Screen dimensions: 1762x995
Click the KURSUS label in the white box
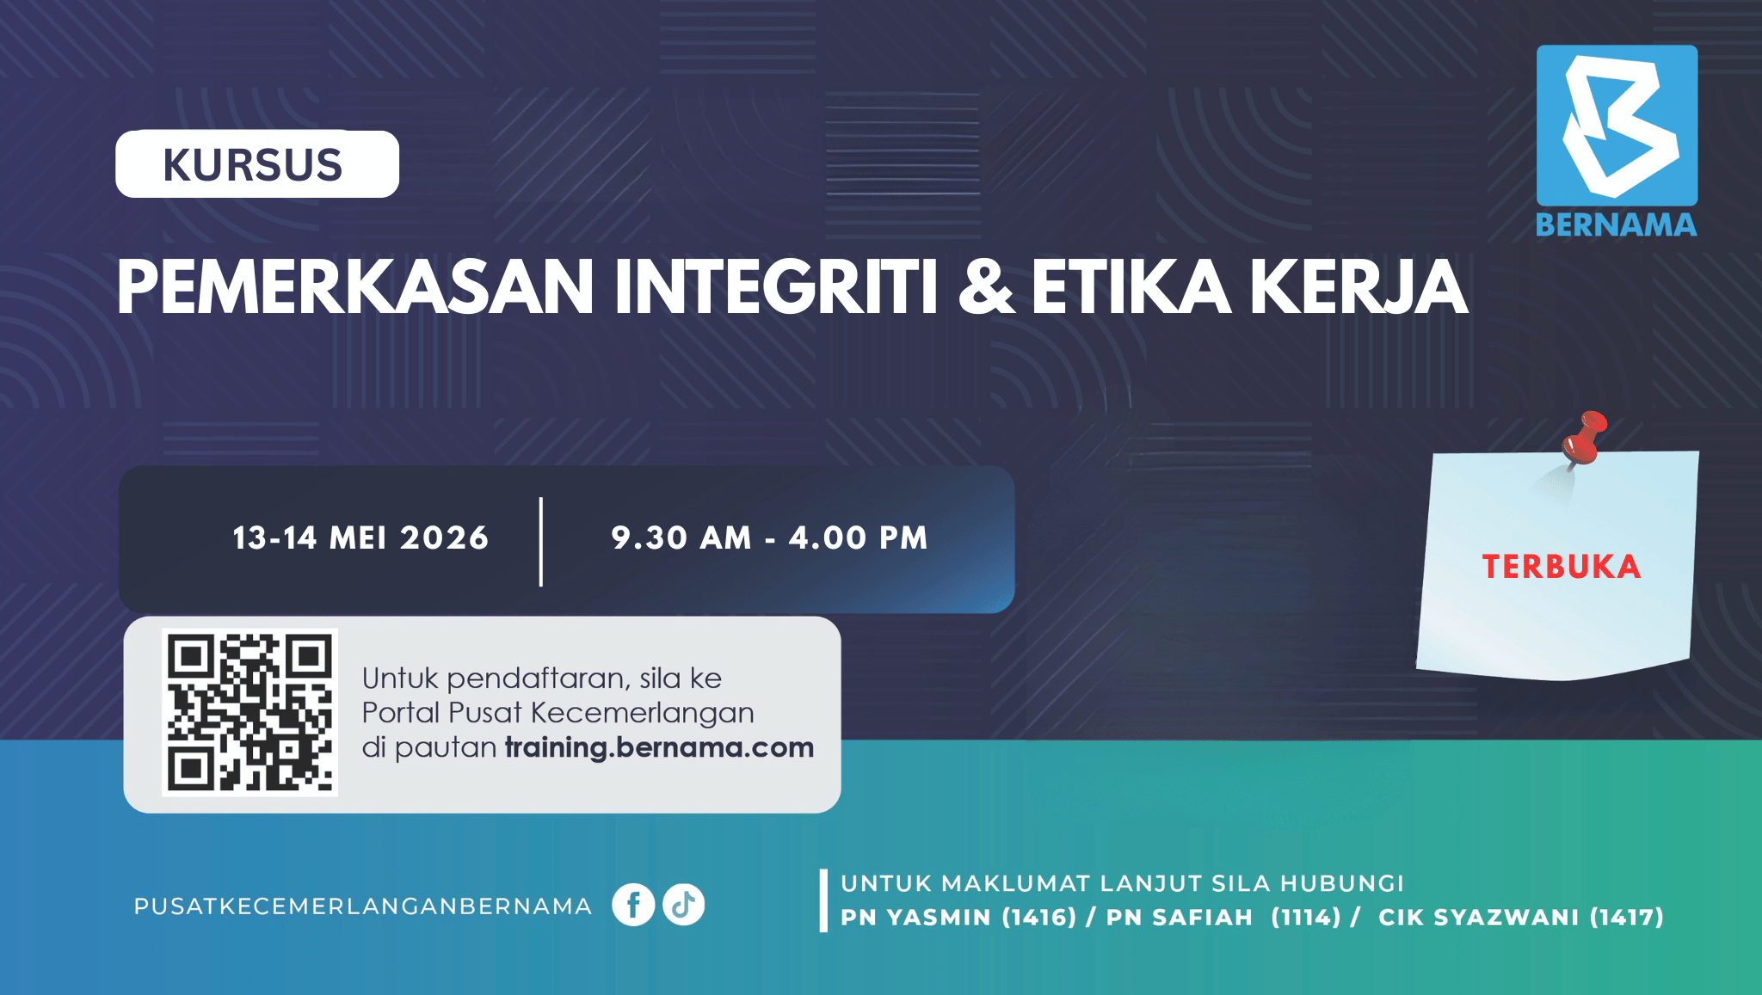click(x=253, y=165)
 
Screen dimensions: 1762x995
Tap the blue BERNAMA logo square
click(x=1617, y=126)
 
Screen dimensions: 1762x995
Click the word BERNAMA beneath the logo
click(x=1617, y=225)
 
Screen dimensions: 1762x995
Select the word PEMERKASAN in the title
click(x=355, y=287)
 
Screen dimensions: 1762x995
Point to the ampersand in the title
click(x=986, y=287)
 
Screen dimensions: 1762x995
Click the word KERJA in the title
click(x=1358, y=287)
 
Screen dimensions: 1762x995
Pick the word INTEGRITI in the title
click(x=775, y=287)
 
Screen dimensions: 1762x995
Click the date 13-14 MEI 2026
click(x=360, y=538)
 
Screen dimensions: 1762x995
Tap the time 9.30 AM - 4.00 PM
click(x=769, y=538)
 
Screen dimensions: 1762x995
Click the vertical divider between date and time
click(x=541, y=542)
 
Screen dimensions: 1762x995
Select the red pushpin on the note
click(x=1584, y=439)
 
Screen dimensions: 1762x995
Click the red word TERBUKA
click(x=1561, y=567)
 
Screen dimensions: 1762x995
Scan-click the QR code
click(x=250, y=712)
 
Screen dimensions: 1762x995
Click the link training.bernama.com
click(x=659, y=747)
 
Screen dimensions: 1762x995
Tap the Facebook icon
click(x=633, y=905)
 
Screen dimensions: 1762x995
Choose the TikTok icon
click(x=684, y=905)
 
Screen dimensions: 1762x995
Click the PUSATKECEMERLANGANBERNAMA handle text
click(x=363, y=906)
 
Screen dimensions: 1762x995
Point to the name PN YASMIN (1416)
click(x=958, y=918)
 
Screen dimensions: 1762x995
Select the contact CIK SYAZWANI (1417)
click(x=1521, y=918)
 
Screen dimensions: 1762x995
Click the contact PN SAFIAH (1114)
click(x=1223, y=918)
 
